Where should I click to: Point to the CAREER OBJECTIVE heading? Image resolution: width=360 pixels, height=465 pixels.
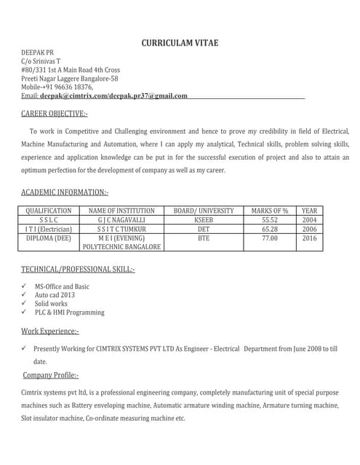[x=55, y=113]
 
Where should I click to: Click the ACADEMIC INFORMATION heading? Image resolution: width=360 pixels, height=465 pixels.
[x=65, y=192]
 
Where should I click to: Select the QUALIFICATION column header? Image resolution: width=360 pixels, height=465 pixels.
[x=49, y=210]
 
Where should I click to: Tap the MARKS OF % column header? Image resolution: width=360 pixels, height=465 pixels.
[x=270, y=210]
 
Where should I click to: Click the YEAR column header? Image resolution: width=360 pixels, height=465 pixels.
[x=310, y=210]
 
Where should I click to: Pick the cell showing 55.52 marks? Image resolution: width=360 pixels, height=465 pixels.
[x=270, y=219]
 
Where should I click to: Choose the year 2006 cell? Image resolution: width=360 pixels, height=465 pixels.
[x=310, y=228]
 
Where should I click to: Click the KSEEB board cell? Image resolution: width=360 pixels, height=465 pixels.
[x=204, y=219]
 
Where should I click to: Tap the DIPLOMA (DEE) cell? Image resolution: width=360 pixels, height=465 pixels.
[x=49, y=238]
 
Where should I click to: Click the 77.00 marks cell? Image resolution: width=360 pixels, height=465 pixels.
[x=270, y=238]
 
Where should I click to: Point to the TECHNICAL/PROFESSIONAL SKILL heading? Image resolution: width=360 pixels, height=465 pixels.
[x=78, y=269]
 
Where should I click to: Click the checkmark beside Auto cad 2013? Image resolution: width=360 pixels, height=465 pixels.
[x=25, y=295]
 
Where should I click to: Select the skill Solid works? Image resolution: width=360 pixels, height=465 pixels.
[x=51, y=304]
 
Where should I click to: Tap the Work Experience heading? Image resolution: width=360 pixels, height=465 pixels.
[x=50, y=331]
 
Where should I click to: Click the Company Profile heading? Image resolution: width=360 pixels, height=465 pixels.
[x=51, y=375]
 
